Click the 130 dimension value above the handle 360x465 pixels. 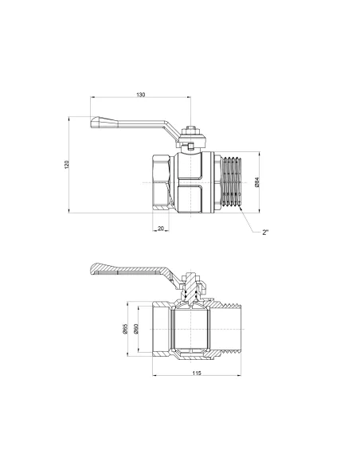click(141, 95)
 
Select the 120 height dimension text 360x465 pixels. click(67, 164)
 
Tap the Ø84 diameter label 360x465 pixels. click(256, 182)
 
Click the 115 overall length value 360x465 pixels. click(196, 373)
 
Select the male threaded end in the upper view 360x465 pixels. click(232, 182)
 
